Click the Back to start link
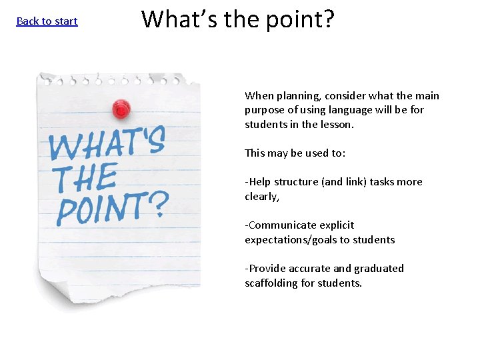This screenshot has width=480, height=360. tap(47, 21)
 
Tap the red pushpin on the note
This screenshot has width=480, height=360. tap(121, 107)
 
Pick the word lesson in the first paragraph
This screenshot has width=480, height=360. tap(337, 124)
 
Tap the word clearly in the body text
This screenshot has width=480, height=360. tap(261, 196)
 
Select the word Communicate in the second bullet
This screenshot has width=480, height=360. tap(281, 225)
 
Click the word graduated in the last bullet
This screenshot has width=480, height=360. tap(379, 269)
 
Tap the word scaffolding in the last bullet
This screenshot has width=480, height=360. tap(271, 283)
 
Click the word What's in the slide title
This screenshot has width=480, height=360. tap(180, 19)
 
